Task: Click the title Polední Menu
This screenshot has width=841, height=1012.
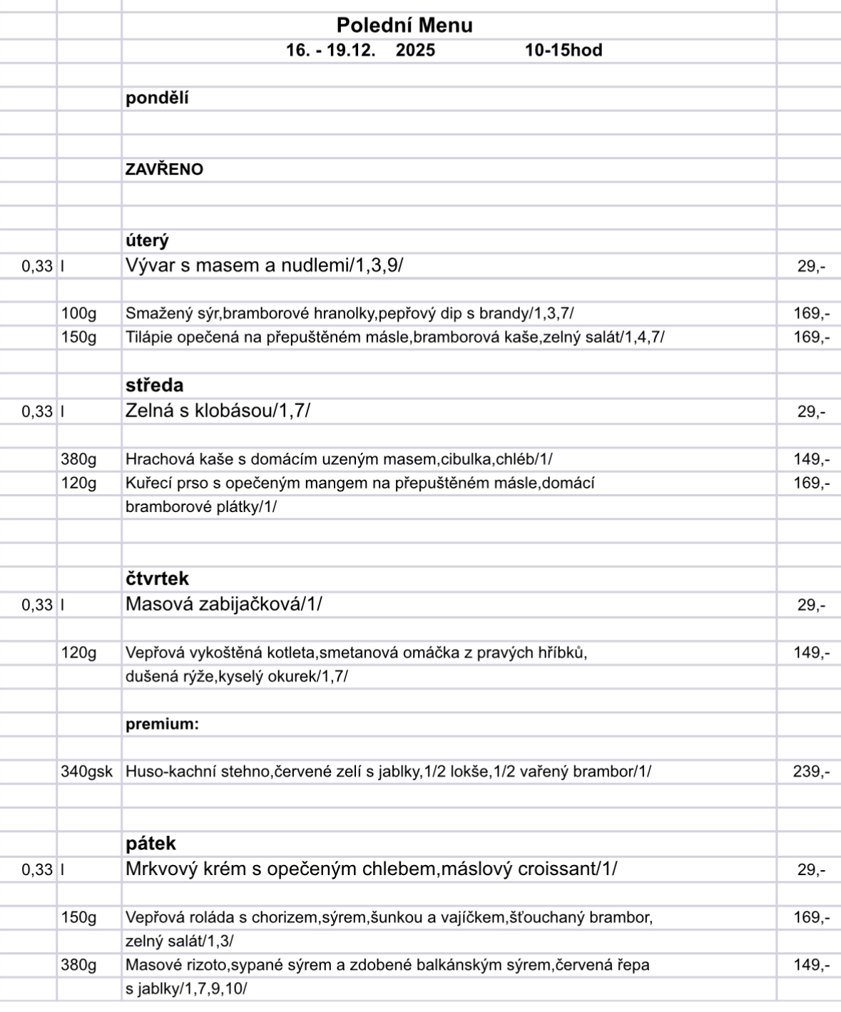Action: [404, 26]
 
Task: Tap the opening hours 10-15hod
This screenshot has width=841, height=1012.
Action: [564, 51]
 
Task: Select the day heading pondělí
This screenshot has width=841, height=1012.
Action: [157, 98]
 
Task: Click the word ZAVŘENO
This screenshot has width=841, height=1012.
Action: [164, 170]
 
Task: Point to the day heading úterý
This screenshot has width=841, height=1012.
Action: [147, 241]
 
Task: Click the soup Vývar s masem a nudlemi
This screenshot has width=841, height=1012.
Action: [264, 266]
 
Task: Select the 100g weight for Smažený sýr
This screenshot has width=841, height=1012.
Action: [78, 313]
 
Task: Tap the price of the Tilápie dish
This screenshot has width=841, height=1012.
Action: [812, 337]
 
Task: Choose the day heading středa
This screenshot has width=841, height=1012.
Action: [154, 386]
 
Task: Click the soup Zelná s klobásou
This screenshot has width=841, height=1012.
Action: [218, 412]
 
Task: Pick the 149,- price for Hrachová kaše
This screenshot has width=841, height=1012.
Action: [812, 459]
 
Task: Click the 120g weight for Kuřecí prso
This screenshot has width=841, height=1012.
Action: [78, 484]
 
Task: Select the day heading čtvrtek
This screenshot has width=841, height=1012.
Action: [157, 578]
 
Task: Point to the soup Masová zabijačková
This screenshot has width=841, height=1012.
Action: [223, 605]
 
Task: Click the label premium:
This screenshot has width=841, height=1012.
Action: [162, 725]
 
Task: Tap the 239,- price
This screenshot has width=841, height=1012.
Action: [812, 772]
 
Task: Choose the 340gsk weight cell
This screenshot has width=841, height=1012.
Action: [86, 772]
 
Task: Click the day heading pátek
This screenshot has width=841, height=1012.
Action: [151, 844]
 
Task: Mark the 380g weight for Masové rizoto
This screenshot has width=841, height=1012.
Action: [78, 965]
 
